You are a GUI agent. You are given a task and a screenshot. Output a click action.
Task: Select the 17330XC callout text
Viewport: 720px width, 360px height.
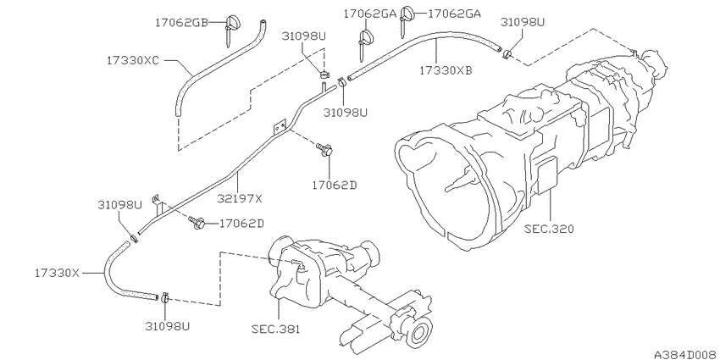[134, 61]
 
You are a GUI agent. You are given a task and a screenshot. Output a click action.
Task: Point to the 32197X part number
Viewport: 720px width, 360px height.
[240, 199]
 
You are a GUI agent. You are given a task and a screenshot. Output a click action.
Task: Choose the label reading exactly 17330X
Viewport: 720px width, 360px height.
[57, 273]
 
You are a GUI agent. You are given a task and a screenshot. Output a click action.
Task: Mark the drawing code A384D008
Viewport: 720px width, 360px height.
[684, 350]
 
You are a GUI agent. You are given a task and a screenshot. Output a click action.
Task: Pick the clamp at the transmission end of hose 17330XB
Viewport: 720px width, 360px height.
[507, 55]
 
